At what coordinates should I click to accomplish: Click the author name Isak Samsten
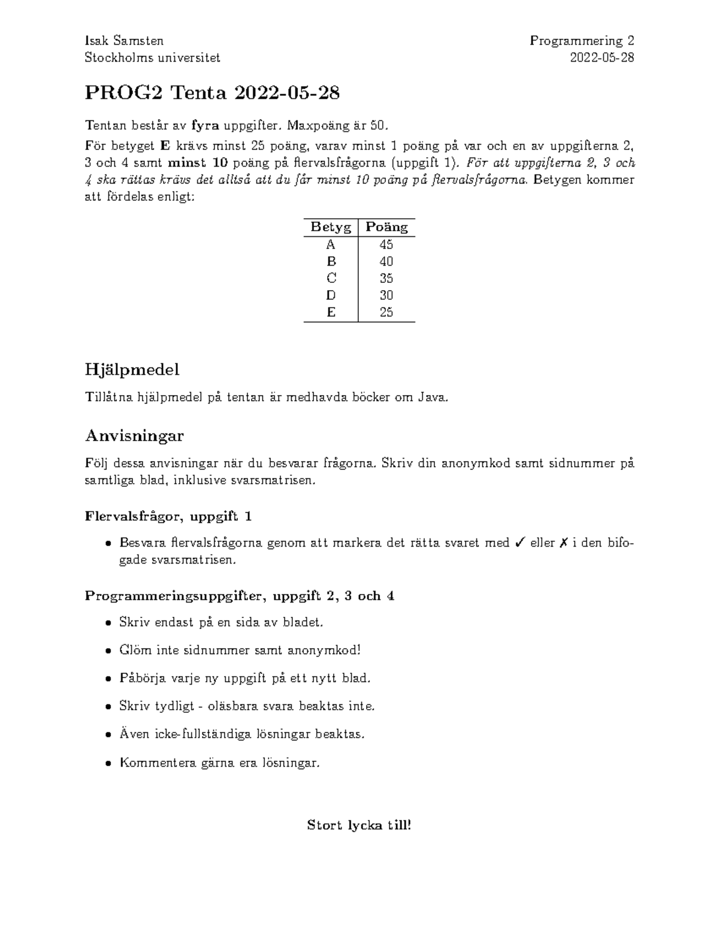(124, 41)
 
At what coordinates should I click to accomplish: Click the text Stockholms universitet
(152, 58)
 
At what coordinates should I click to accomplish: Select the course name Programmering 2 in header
(581, 41)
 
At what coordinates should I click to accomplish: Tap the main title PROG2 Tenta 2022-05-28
(212, 93)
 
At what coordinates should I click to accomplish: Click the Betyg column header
(331, 227)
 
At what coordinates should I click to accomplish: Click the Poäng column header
(386, 227)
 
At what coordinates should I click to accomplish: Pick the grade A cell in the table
(331, 245)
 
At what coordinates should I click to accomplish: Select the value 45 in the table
(386, 245)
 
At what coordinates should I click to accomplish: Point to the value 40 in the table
(386, 261)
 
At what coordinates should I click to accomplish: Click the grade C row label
(331, 278)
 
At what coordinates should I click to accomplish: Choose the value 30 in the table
(386, 295)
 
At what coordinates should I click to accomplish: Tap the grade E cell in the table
(331, 312)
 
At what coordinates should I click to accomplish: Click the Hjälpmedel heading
(132, 370)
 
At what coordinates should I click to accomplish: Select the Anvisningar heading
(134, 435)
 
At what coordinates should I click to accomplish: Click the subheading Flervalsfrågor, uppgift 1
(168, 516)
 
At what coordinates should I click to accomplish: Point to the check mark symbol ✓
(520, 543)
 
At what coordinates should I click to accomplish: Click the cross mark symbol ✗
(563, 543)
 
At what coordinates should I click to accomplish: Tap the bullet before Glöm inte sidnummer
(107, 651)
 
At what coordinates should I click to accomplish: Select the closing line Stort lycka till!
(359, 825)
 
